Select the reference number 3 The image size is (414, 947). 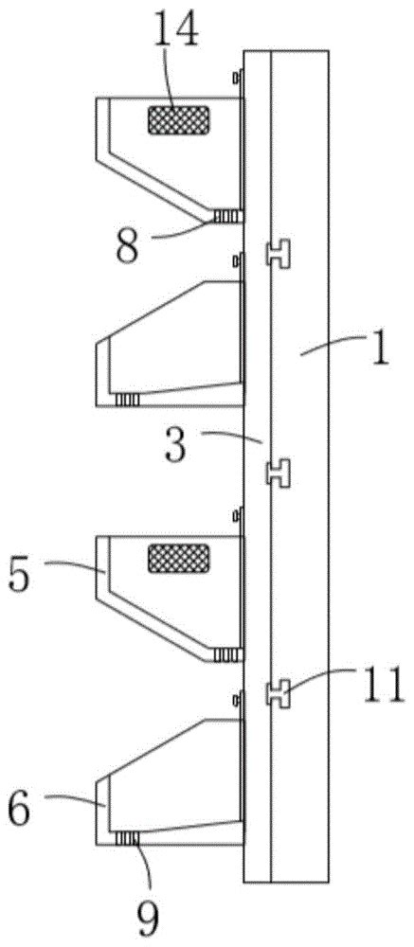[x=176, y=445]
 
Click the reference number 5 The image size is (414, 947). [x=19, y=576]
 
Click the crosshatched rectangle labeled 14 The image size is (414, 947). [x=179, y=119]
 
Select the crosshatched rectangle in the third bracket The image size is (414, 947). [x=179, y=558]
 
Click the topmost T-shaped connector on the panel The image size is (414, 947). [x=279, y=253]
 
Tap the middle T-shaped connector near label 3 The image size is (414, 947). [x=279, y=473]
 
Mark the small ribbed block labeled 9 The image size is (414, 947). [x=127, y=838]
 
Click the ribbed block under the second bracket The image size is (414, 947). [x=127, y=400]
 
